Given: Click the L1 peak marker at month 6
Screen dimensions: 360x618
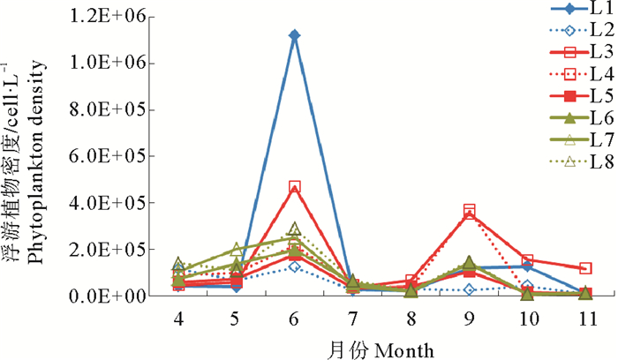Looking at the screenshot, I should point(294,35).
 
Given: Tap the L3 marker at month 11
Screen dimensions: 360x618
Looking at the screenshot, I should point(585,268).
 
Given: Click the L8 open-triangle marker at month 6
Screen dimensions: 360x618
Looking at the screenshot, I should point(294,229).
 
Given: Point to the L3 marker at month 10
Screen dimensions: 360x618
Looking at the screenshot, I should point(527,261).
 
